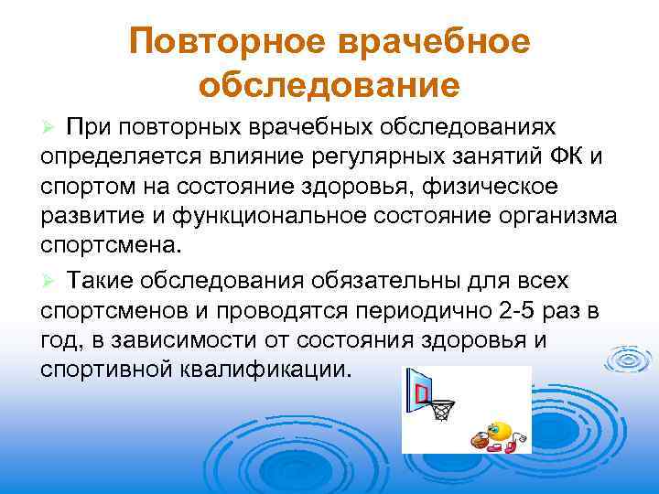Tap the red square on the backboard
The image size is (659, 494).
coord(422,392)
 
